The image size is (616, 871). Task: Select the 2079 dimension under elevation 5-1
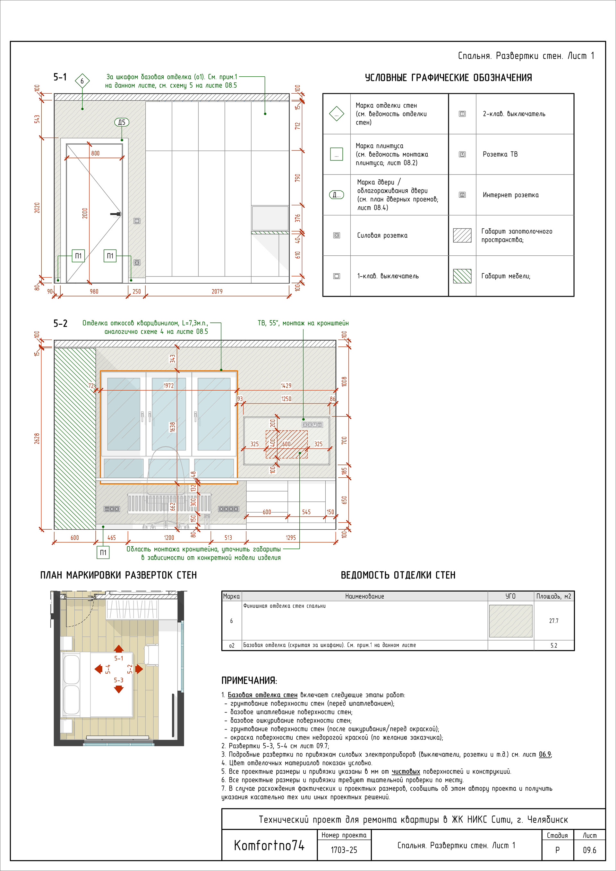pos(217,291)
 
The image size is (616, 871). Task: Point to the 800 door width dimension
pos(95,153)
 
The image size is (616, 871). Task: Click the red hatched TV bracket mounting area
pos(287,444)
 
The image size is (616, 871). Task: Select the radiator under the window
pos(169,503)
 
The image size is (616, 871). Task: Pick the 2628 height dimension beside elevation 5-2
pos(37,438)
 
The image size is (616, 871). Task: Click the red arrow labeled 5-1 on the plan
pos(119,649)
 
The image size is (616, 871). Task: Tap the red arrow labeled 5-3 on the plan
pos(119,689)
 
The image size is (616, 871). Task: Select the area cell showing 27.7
pos(554,621)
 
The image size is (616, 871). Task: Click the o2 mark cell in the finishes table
pos(231,645)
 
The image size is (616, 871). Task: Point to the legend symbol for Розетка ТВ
pos(462,154)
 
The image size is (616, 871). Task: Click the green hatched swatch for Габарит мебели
pos(462,276)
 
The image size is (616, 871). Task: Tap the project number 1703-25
pos(344,850)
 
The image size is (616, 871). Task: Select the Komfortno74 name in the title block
pos(269,845)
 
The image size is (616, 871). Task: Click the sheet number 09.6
pos(589,850)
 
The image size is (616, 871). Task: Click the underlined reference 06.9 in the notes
pos(545,754)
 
